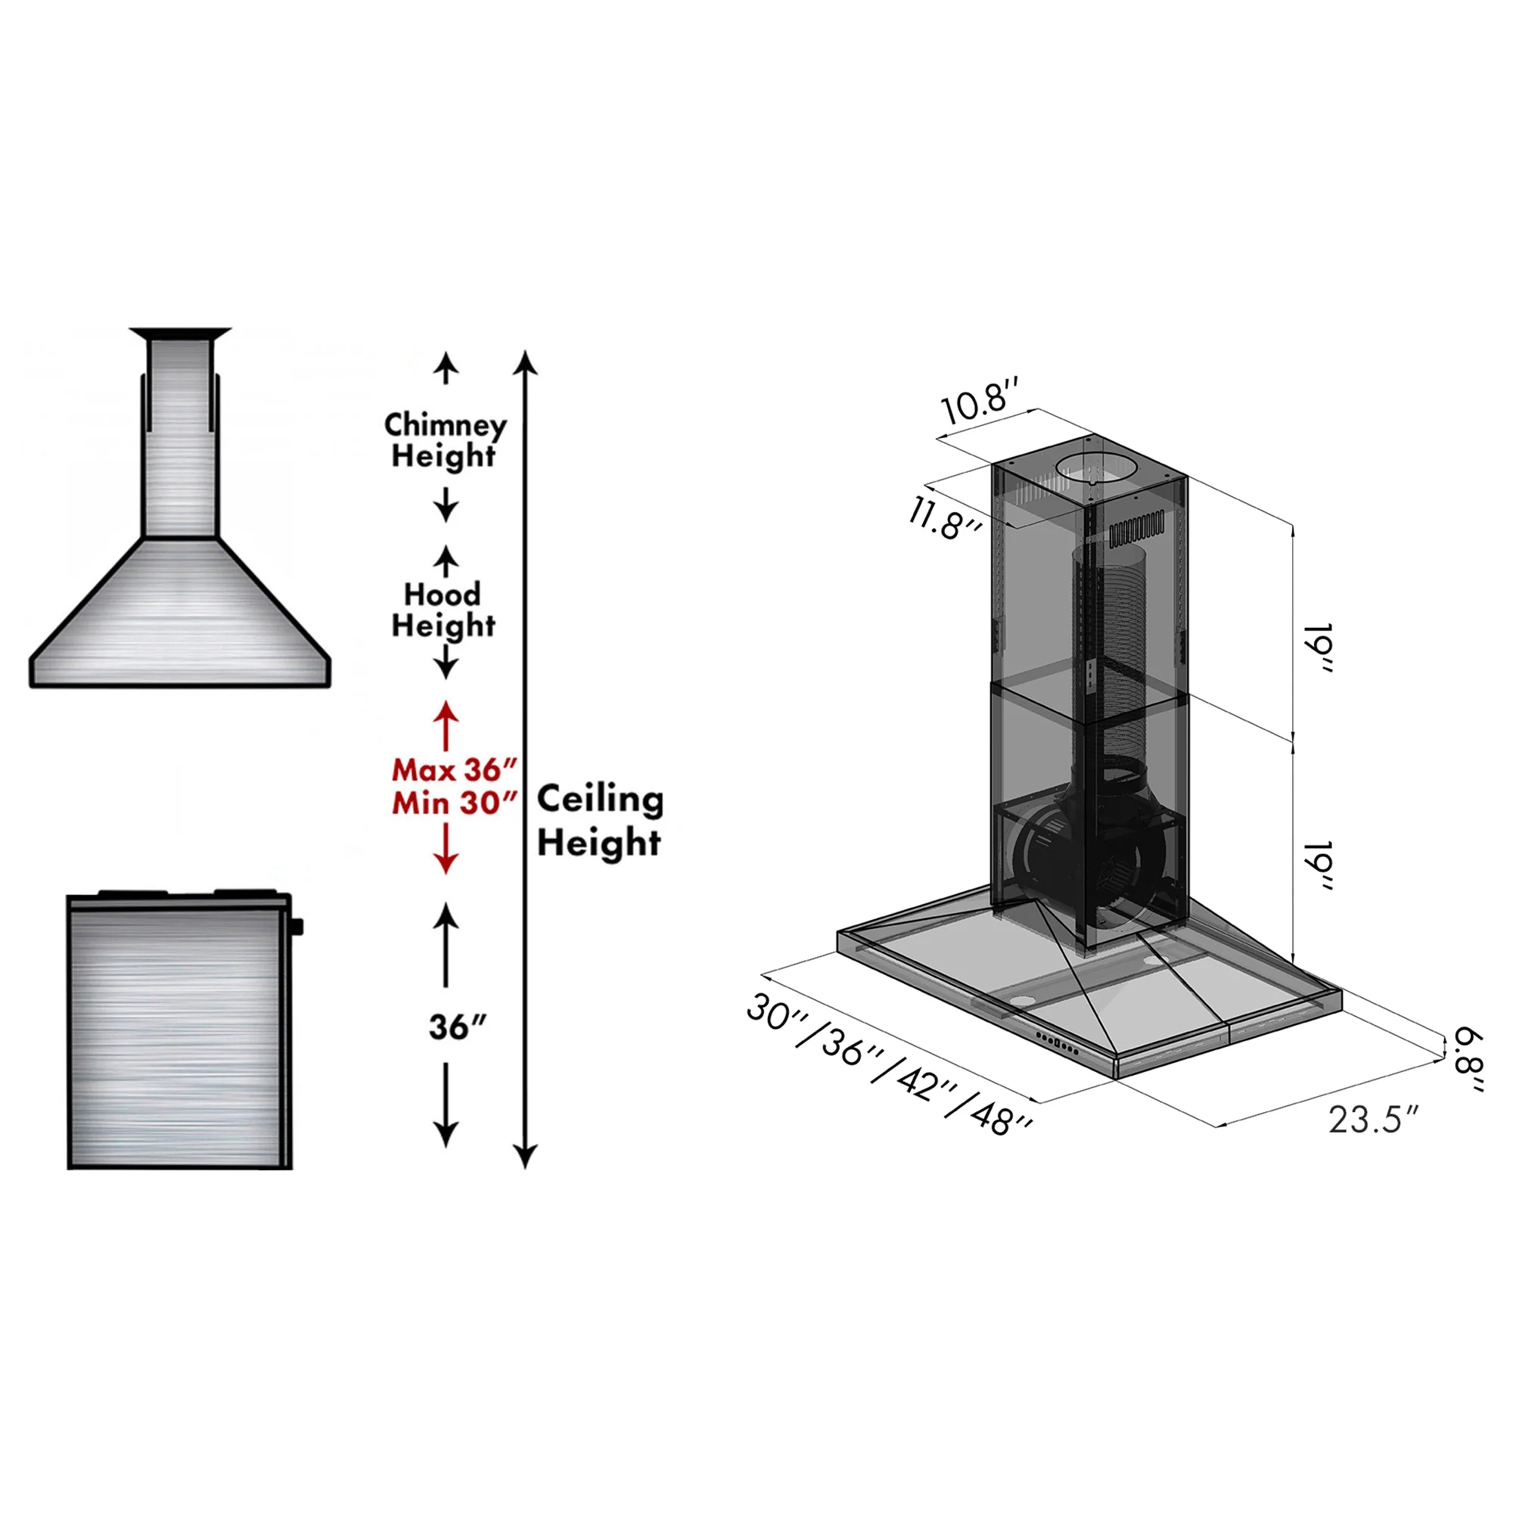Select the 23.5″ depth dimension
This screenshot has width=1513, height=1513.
(x=1373, y=1120)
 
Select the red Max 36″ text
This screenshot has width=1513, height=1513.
(x=454, y=771)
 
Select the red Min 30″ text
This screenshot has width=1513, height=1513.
(x=454, y=803)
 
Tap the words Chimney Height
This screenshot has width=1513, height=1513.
(x=444, y=440)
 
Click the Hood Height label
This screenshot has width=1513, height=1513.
(x=443, y=610)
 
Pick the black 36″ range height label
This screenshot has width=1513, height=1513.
(x=458, y=1027)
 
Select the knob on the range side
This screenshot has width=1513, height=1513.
(x=297, y=927)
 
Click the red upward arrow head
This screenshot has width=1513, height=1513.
(x=446, y=712)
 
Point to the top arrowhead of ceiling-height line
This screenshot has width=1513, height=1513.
(x=526, y=361)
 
